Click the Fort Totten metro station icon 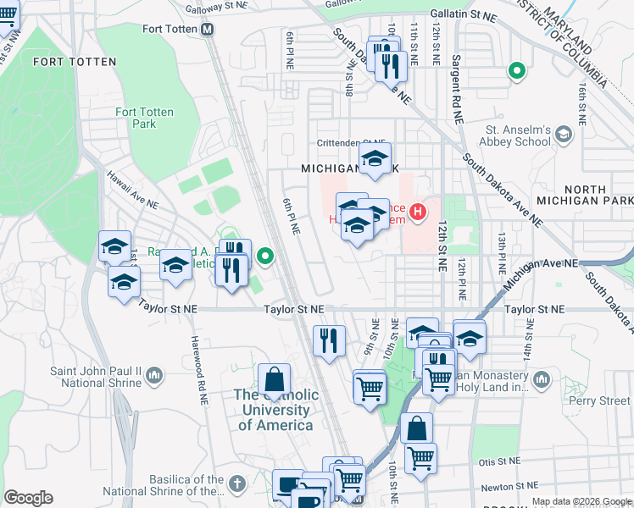[x=208, y=29]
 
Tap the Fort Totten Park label [x=136, y=118]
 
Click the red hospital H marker [x=417, y=212]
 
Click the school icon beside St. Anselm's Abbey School [x=563, y=134]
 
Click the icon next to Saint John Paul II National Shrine [x=154, y=374]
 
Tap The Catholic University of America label [x=275, y=410]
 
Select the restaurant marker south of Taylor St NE [x=329, y=340]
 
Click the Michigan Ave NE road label [x=542, y=264]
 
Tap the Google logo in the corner [x=28, y=497]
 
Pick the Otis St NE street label [x=498, y=462]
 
